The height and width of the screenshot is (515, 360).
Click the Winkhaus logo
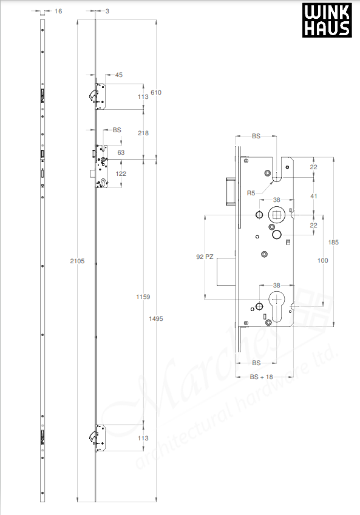[327, 21]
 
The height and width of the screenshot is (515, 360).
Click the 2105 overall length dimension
[76, 261]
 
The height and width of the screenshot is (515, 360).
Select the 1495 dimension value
[157, 318]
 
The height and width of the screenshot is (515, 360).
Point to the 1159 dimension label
[143, 297]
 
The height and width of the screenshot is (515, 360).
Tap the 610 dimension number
[156, 92]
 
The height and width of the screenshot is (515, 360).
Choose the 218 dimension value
[143, 133]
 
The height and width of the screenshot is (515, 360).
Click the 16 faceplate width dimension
[58, 11]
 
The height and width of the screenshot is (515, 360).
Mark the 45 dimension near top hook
[119, 75]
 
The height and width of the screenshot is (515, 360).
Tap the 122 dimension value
[121, 174]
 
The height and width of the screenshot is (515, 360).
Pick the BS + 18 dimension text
[262, 377]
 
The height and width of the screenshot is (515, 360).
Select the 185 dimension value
[334, 241]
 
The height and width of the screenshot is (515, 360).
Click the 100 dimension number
[322, 260]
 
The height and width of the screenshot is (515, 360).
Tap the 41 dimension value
[313, 196]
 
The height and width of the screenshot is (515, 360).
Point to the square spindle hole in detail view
[276, 215]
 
